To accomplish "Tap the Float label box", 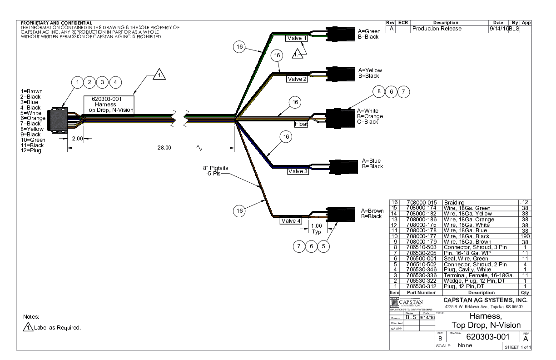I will [301, 123].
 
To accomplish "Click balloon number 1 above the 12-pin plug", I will [78, 82].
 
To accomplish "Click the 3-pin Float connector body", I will [341, 116].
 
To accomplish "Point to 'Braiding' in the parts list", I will [454, 203].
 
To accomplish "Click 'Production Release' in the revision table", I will [437, 29].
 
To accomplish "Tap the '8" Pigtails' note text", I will [215, 168].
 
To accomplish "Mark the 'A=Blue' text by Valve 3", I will [372, 161].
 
